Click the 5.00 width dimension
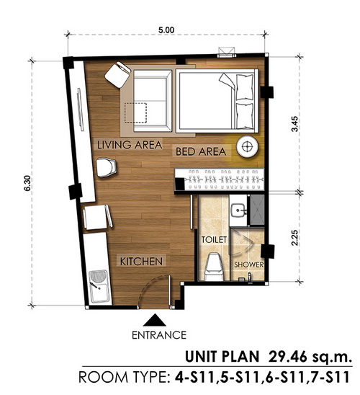click(166, 30)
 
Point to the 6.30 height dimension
click(27, 183)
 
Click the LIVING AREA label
click(130, 145)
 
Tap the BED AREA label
click(201, 151)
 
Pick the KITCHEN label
click(141, 262)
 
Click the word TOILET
click(214, 239)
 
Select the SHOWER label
click(249, 265)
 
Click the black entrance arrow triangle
click(155, 320)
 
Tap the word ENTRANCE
click(159, 335)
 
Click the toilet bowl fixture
click(214, 267)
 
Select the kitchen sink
click(99, 286)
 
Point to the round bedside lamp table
click(247, 146)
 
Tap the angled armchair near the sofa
click(118, 74)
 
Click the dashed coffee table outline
click(135, 113)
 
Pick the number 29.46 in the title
click(287, 357)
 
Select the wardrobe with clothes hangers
click(220, 179)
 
